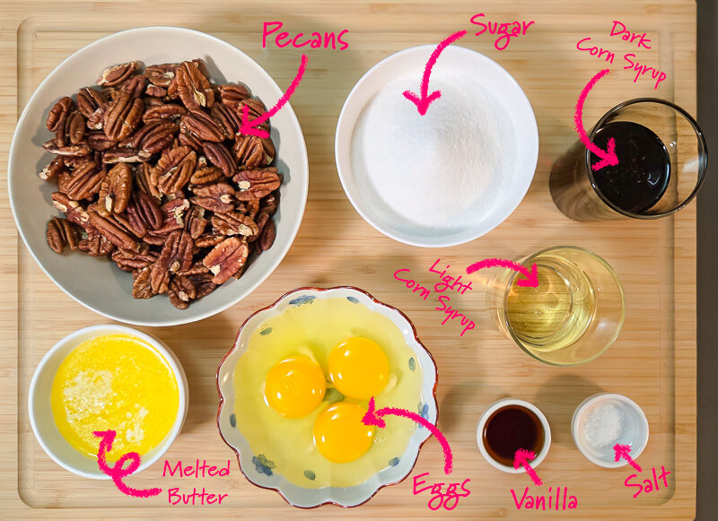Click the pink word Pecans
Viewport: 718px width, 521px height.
[x=305, y=37]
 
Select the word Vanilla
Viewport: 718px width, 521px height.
[x=544, y=499]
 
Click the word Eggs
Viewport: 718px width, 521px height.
[x=442, y=491]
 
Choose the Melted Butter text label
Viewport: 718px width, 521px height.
[x=197, y=482]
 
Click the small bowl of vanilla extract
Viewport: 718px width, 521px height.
[x=513, y=435]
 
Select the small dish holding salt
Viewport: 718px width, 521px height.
[x=609, y=430]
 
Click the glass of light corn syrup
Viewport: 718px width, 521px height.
[x=558, y=306]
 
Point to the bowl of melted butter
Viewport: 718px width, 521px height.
[x=108, y=402]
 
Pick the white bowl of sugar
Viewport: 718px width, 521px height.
[x=436, y=145]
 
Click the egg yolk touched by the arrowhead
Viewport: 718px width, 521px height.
[x=344, y=432]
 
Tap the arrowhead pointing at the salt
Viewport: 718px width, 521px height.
[x=622, y=451]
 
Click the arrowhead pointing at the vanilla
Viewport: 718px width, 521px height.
[x=523, y=457]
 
